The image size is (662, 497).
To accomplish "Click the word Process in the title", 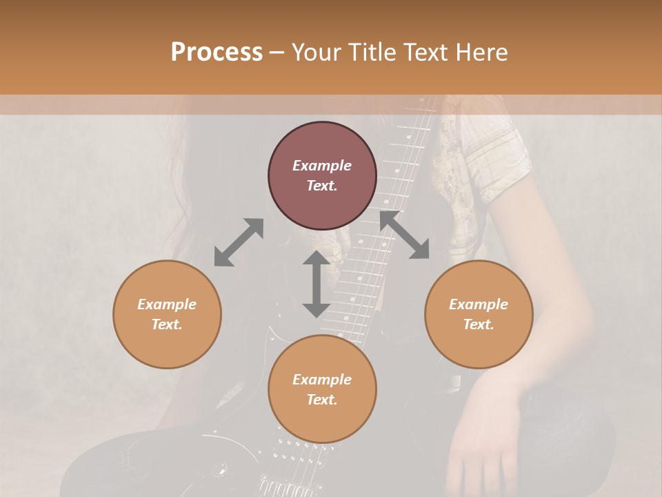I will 217,52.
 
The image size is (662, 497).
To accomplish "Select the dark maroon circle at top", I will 322,175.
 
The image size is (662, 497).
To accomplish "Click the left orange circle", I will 167,314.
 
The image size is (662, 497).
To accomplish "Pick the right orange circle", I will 479,314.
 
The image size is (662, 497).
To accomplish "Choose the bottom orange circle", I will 322,389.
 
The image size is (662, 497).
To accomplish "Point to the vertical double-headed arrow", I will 317,284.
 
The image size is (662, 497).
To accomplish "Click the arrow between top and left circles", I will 239,242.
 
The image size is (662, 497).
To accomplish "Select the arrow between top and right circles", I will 404,235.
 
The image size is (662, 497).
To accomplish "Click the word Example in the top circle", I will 322,166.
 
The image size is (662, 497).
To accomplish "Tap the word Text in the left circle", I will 167,324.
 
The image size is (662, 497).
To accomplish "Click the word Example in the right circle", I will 479,304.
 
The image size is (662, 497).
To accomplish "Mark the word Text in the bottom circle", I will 322,400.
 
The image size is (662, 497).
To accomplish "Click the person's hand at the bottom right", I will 483,462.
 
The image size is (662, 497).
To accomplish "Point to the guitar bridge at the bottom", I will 283,483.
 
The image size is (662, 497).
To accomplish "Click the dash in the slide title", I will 277,52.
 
